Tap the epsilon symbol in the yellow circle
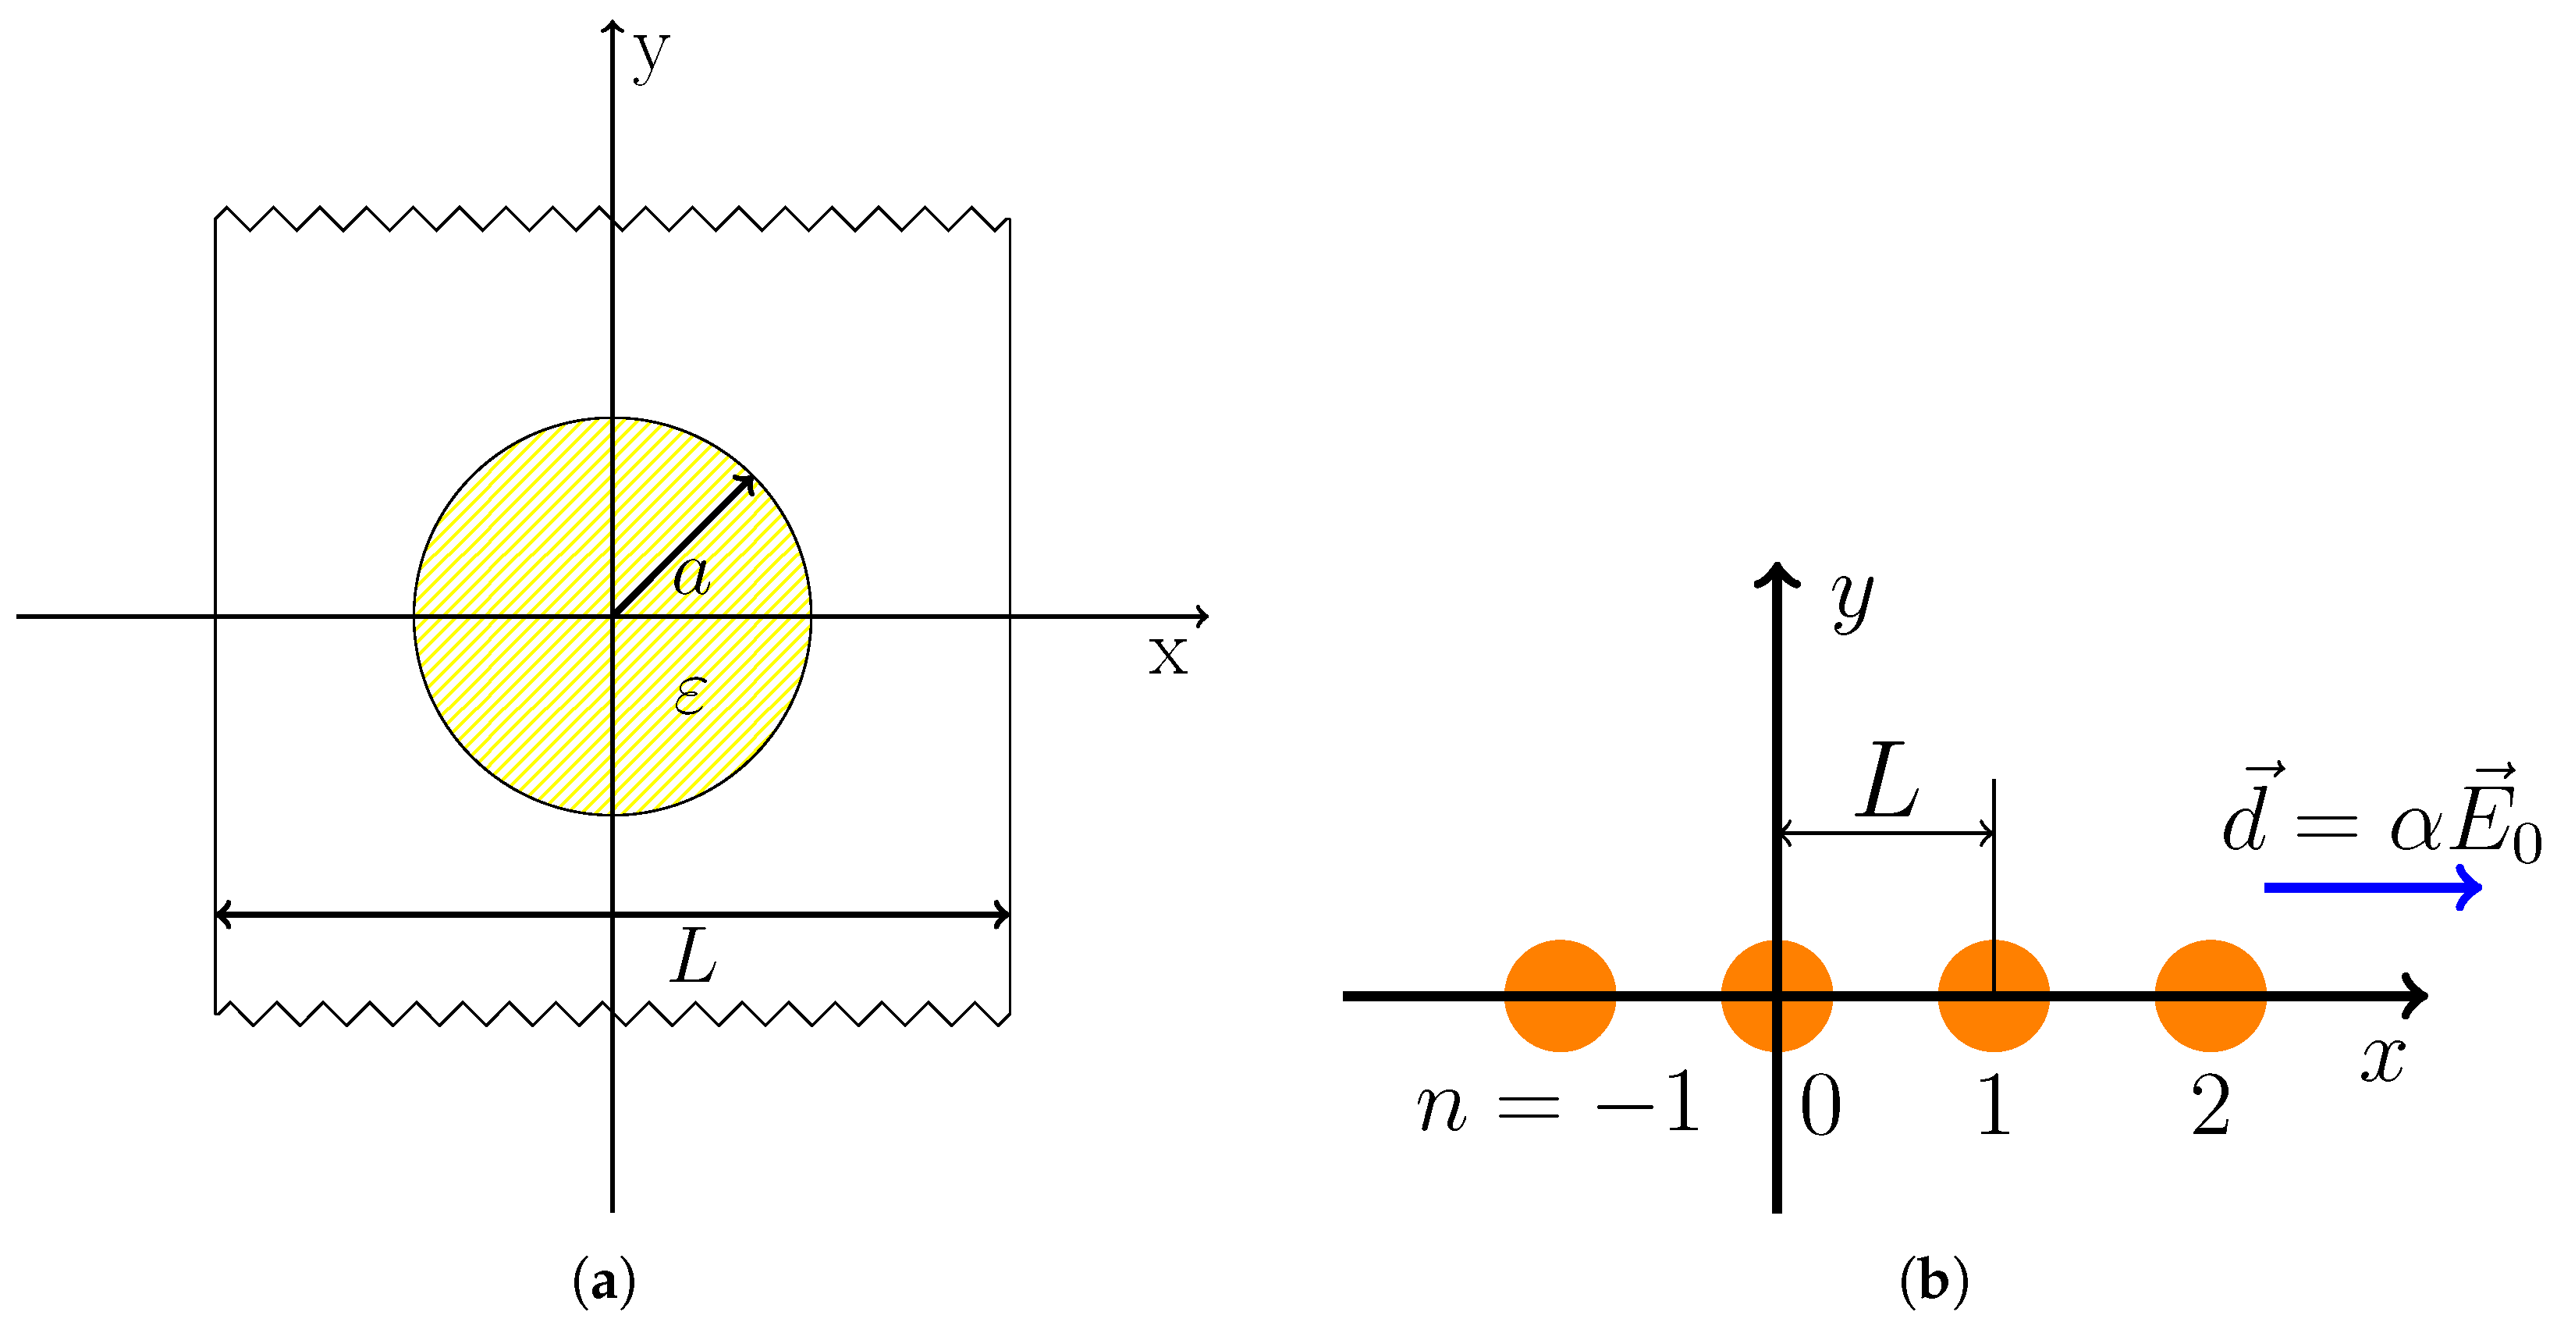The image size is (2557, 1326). click(690, 695)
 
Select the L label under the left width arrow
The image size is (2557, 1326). click(694, 957)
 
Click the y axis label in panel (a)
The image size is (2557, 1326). click(652, 55)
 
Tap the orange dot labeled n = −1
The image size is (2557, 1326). click(1560, 996)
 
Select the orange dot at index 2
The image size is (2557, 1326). click(2211, 996)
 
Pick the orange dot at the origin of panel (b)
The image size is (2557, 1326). click(1776, 996)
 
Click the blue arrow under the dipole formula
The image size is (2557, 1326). click(2372, 887)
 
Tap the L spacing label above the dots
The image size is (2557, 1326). click(1888, 780)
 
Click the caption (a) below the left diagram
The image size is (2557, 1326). click(605, 1282)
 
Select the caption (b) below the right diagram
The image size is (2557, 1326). click(1934, 1282)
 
